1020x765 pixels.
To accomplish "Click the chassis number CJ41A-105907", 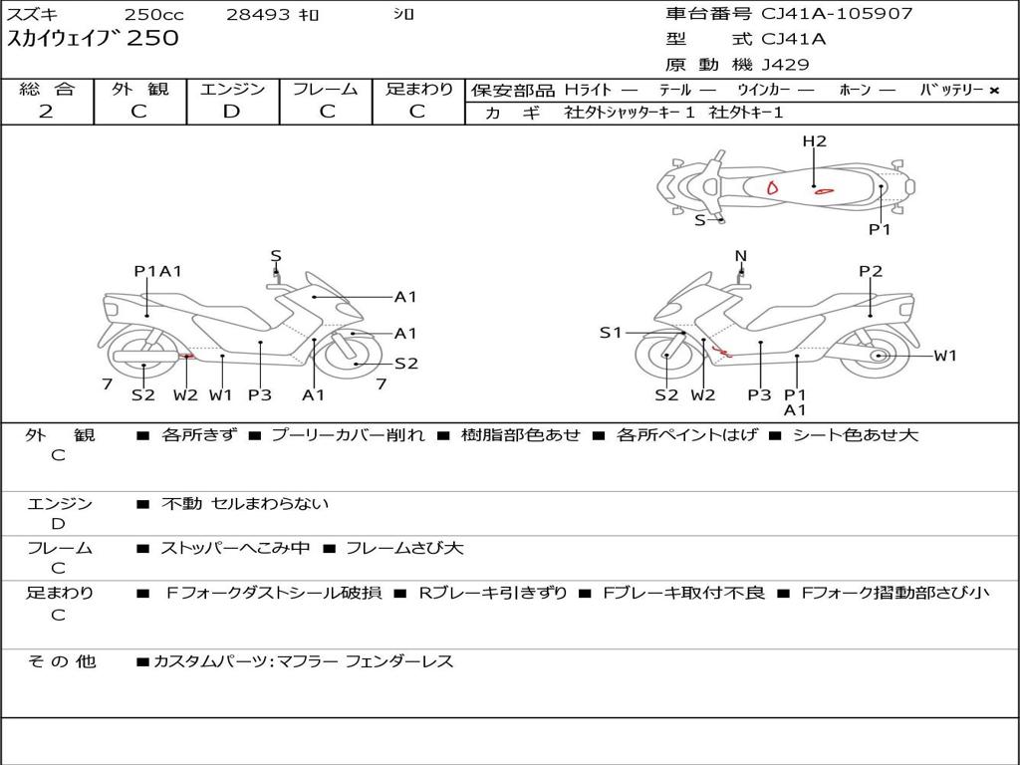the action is pos(837,14).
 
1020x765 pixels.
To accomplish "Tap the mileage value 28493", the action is pos(258,15).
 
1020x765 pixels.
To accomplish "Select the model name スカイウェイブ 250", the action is pos(94,39).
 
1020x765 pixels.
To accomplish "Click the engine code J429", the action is pos(785,65).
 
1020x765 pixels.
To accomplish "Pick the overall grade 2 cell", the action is pos(46,112).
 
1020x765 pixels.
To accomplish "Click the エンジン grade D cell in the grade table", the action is pos(231,112).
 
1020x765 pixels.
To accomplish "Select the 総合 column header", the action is pos(47,89).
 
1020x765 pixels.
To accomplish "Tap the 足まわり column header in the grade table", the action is pos(419,89).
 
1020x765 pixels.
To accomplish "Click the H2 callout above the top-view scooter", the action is pos(815,141).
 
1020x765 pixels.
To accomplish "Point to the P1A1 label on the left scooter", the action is pos(157,271).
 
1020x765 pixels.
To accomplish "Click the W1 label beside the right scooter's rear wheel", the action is pos(945,356).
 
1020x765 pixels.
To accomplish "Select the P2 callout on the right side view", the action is pos(871,271).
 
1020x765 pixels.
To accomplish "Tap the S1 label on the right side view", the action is pos(611,333).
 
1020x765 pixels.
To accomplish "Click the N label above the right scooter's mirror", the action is pos(740,256).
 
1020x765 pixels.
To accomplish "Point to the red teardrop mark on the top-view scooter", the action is pos(772,186).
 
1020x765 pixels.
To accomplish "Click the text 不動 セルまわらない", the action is pos(245,504).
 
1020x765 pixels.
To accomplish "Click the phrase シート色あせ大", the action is pos(855,435).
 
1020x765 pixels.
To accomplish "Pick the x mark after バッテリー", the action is pos(994,91).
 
